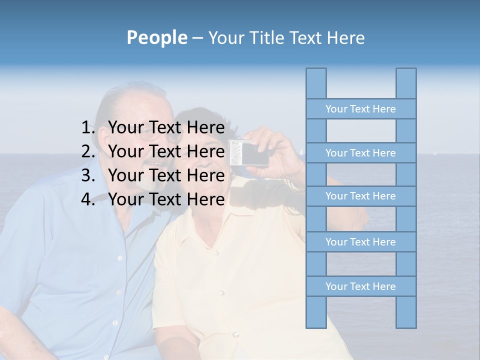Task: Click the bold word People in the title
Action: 156,37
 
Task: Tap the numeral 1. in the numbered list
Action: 89,128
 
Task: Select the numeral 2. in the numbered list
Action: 89,151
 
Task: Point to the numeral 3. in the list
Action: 89,175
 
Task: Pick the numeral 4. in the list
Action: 89,199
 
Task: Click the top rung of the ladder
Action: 360,109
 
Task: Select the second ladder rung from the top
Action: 360,153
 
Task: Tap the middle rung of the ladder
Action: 360,196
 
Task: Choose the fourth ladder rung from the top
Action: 360,242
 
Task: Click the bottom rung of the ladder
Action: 360,286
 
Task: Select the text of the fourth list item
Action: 166,199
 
